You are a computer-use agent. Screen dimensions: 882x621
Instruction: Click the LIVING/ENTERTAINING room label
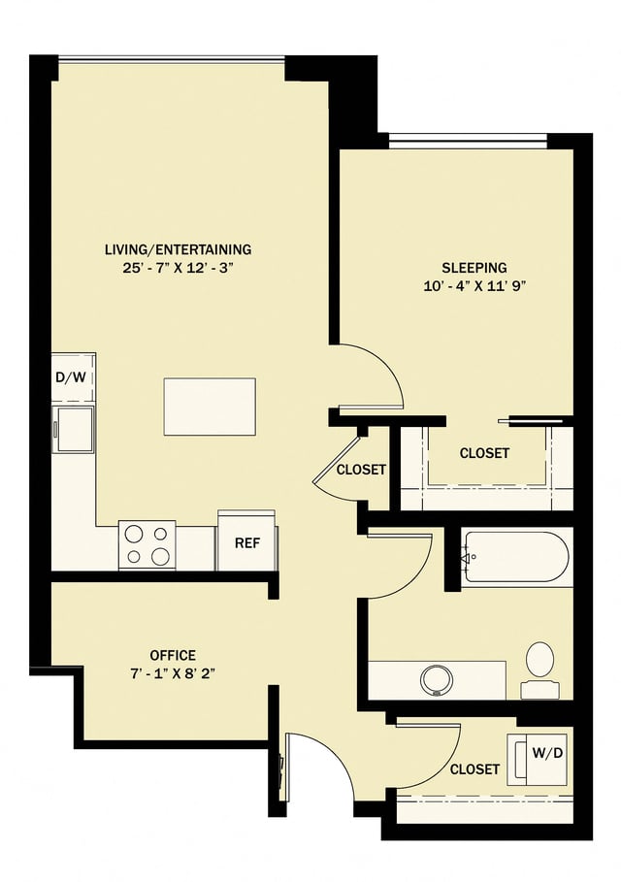pyautogui.click(x=178, y=249)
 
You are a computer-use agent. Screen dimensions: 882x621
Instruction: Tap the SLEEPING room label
pyautogui.click(x=474, y=267)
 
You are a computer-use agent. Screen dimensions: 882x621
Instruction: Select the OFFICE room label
pyautogui.click(x=173, y=655)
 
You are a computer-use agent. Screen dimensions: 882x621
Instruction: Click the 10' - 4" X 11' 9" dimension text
pyautogui.click(x=474, y=285)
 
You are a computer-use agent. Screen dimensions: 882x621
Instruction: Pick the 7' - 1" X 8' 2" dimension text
pyautogui.click(x=173, y=673)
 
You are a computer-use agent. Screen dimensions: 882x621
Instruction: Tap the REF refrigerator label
pyautogui.click(x=246, y=542)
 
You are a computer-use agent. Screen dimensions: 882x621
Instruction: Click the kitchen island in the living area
pyautogui.click(x=210, y=407)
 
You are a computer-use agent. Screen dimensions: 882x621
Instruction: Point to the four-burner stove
pyautogui.click(x=147, y=544)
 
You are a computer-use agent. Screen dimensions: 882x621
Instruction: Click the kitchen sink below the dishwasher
pyautogui.click(x=75, y=427)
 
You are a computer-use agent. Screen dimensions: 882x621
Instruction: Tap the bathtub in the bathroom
pyautogui.click(x=513, y=556)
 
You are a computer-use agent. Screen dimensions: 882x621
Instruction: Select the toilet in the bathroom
pyautogui.click(x=539, y=666)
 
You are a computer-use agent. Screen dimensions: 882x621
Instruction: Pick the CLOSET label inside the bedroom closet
pyautogui.click(x=484, y=453)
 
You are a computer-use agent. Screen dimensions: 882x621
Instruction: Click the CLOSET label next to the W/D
pyautogui.click(x=474, y=769)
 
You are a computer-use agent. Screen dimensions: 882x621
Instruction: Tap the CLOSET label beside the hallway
pyautogui.click(x=361, y=470)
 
